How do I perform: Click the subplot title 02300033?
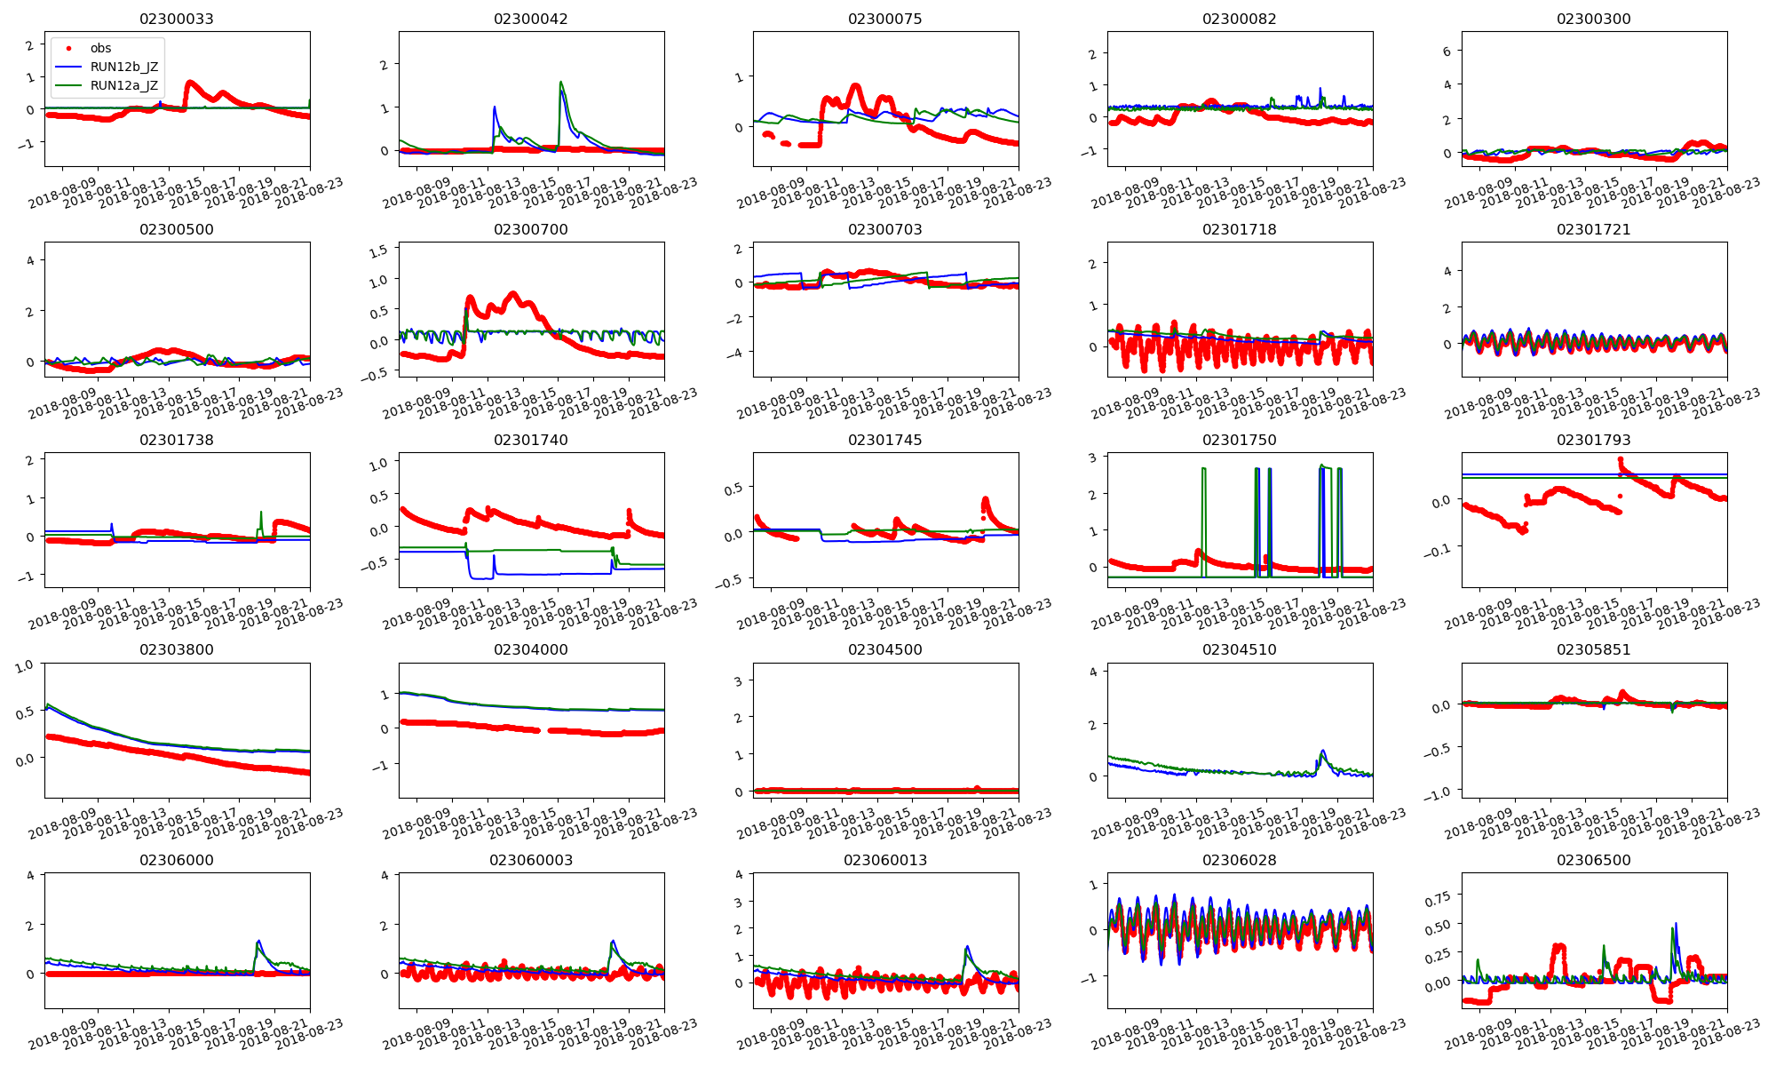(177, 19)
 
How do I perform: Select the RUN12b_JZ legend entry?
(123, 67)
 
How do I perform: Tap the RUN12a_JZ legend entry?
(123, 85)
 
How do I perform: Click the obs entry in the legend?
(100, 48)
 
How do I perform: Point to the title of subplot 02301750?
(1239, 440)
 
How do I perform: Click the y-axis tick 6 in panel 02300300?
(1447, 52)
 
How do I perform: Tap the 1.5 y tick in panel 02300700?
(378, 251)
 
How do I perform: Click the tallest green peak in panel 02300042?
(560, 83)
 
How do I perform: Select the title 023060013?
(885, 860)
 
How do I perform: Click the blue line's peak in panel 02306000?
(258, 941)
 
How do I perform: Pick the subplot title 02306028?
(1239, 860)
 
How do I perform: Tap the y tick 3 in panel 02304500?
(738, 680)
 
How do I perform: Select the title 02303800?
(177, 649)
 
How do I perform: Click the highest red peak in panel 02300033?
(190, 83)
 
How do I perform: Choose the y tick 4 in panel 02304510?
(1093, 672)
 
